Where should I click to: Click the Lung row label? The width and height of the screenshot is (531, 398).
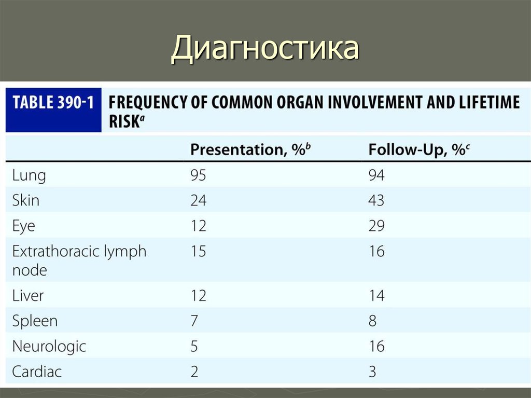point(29,176)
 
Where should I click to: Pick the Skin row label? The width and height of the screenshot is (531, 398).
point(26,200)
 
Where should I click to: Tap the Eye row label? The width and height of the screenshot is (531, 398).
point(24,226)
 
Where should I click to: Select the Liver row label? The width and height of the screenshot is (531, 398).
point(28,296)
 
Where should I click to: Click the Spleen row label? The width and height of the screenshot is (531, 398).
point(35,321)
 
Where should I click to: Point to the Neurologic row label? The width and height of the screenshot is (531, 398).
point(49,346)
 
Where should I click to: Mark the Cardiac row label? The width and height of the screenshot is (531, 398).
point(37,372)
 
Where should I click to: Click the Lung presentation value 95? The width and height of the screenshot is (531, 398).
point(198,176)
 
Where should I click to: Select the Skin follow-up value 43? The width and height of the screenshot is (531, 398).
point(376,200)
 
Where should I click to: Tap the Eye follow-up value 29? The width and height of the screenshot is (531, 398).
point(376,226)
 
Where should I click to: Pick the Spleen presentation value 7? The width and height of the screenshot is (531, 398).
point(194,321)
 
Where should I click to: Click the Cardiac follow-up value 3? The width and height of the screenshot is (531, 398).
point(372,372)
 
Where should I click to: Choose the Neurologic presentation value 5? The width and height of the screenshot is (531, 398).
point(194,346)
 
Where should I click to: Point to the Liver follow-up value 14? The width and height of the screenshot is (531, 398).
point(376,296)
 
